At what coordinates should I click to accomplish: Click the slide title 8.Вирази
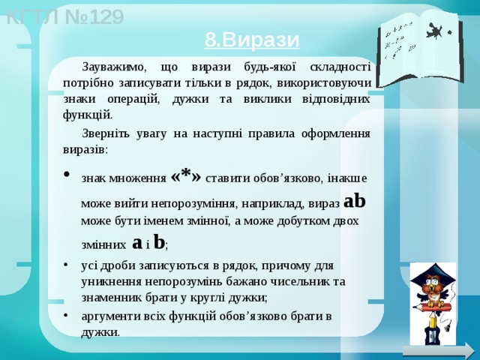click(x=252, y=39)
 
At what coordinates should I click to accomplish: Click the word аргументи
click(x=111, y=316)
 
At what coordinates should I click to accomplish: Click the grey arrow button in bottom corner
click(x=438, y=350)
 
